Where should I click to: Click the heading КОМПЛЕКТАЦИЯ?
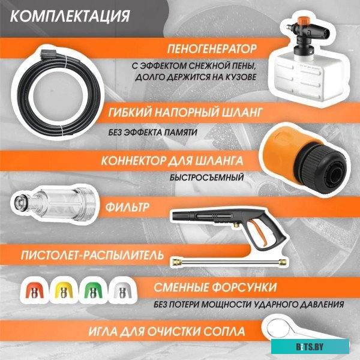tap(70, 15)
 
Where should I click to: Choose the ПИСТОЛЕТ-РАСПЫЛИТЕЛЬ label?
tap(83, 256)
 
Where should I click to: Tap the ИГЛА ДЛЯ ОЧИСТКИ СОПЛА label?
tap(165, 331)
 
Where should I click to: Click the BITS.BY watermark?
tap(325, 346)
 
